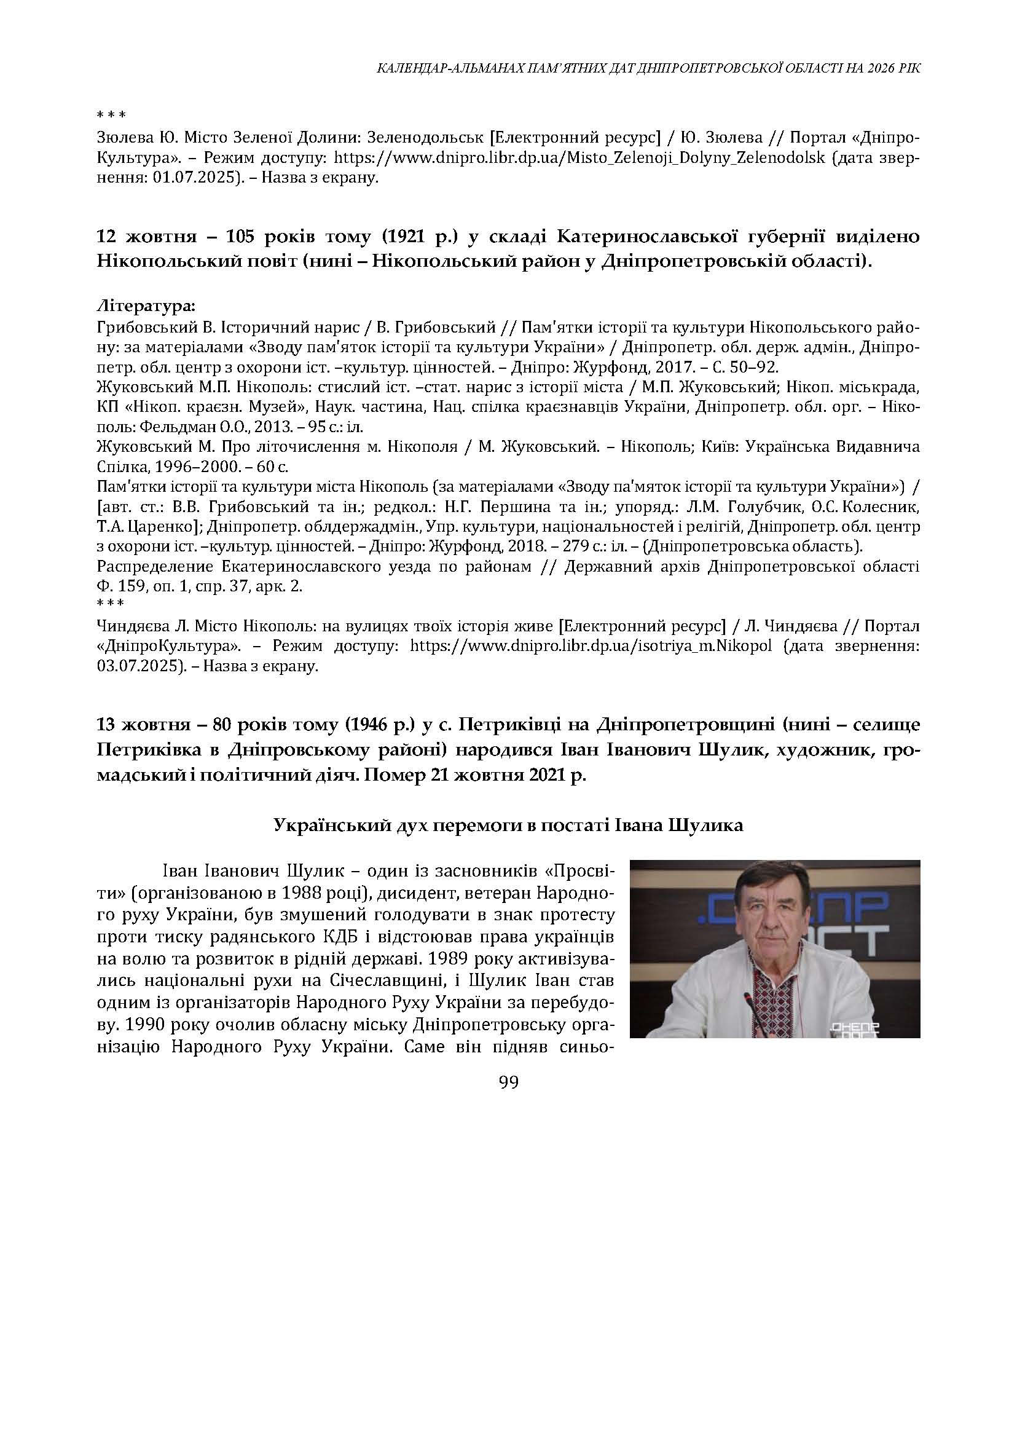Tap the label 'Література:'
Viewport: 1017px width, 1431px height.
click(x=146, y=307)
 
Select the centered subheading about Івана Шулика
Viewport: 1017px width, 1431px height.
click(x=509, y=825)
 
